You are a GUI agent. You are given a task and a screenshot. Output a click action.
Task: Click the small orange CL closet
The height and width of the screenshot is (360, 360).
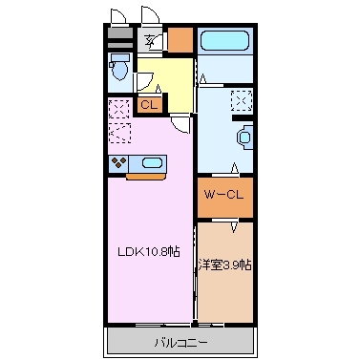click(x=149, y=105)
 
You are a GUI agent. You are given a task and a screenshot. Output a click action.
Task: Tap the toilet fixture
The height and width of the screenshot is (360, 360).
click(x=120, y=69)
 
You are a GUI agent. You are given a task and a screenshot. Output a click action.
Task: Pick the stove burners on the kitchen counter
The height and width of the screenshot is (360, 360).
click(x=119, y=161)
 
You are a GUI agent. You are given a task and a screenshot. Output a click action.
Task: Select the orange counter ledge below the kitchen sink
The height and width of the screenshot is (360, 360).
click(x=144, y=175)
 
